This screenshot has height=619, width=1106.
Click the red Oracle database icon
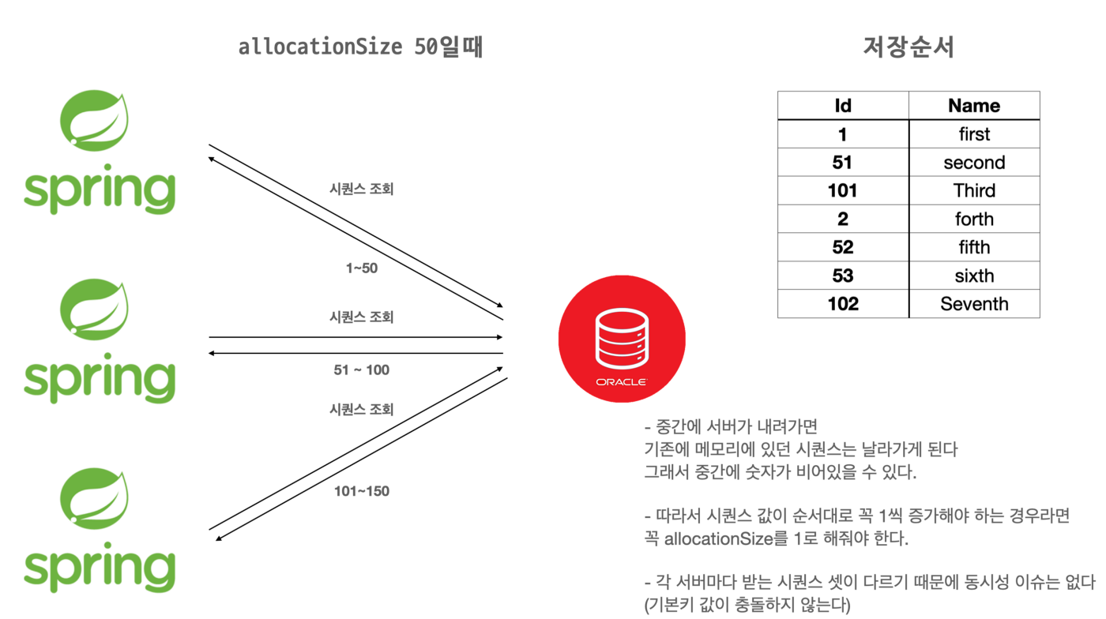coord(622,340)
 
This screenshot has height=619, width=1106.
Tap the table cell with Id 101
coord(843,191)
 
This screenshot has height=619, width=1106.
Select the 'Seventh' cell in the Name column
coord(974,304)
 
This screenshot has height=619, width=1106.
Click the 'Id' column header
coord(843,106)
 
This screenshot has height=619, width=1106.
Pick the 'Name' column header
coord(974,106)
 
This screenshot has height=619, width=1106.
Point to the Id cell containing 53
coord(843,276)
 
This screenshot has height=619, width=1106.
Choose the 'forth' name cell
coord(974,219)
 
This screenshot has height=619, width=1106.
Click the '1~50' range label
coord(362,268)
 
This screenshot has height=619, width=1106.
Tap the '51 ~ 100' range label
coord(362,370)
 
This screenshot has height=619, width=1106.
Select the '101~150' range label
coord(362,491)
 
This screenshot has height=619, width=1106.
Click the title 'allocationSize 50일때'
coord(360,47)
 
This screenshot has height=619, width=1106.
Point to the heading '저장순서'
coord(908,47)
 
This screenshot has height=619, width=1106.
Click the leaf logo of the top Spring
coord(95,121)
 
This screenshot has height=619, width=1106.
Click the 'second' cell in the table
coord(974,163)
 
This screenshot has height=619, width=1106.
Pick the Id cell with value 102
coord(843,304)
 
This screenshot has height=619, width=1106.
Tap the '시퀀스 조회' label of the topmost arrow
coord(362,189)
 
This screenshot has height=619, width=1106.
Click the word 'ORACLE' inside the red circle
coord(622,382)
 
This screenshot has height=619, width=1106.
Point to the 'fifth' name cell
coord(974,247)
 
